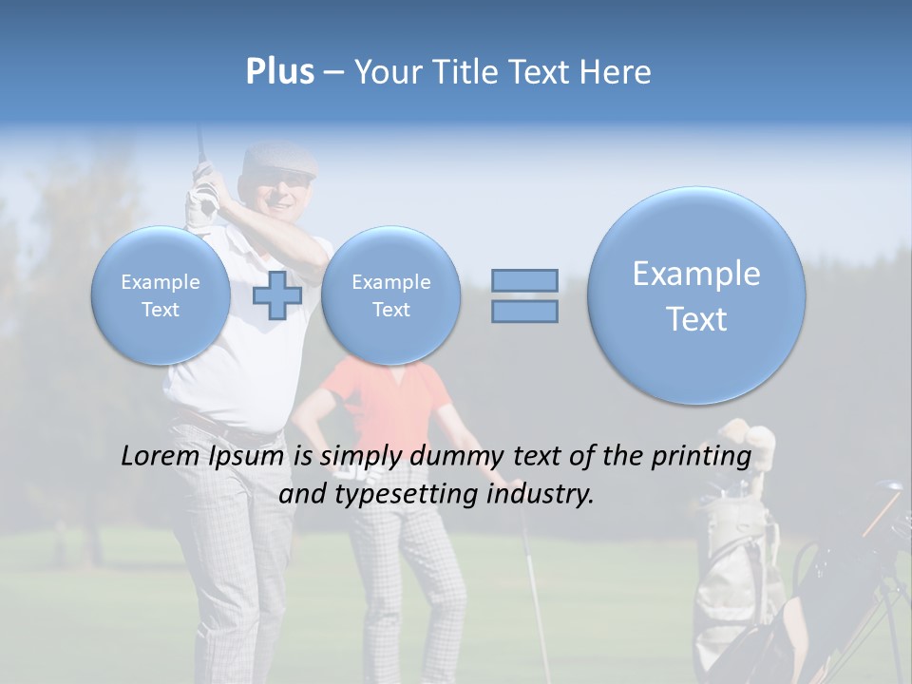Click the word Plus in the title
pos(279,72)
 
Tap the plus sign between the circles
pos(277,295)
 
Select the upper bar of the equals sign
pos(524,280)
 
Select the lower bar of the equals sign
pos(524,312)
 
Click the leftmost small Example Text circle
pos(161,295)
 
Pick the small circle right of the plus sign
pos(390,295)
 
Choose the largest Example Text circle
pos(696,295)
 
